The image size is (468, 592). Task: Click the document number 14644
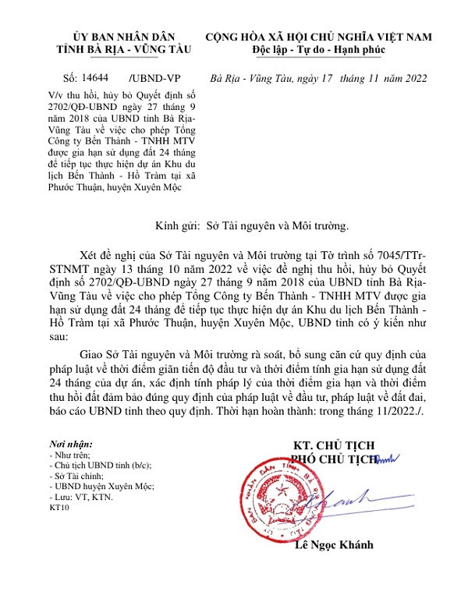pyautogui.click(x=94, y=78)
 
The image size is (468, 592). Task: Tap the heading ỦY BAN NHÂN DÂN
pyautogui.click(x=123, y=37)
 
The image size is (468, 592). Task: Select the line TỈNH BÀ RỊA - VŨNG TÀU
pyautogui.click(x=123, y=50)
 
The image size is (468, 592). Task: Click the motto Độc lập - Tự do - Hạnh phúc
pyautogui.click(x=320, y=50)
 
